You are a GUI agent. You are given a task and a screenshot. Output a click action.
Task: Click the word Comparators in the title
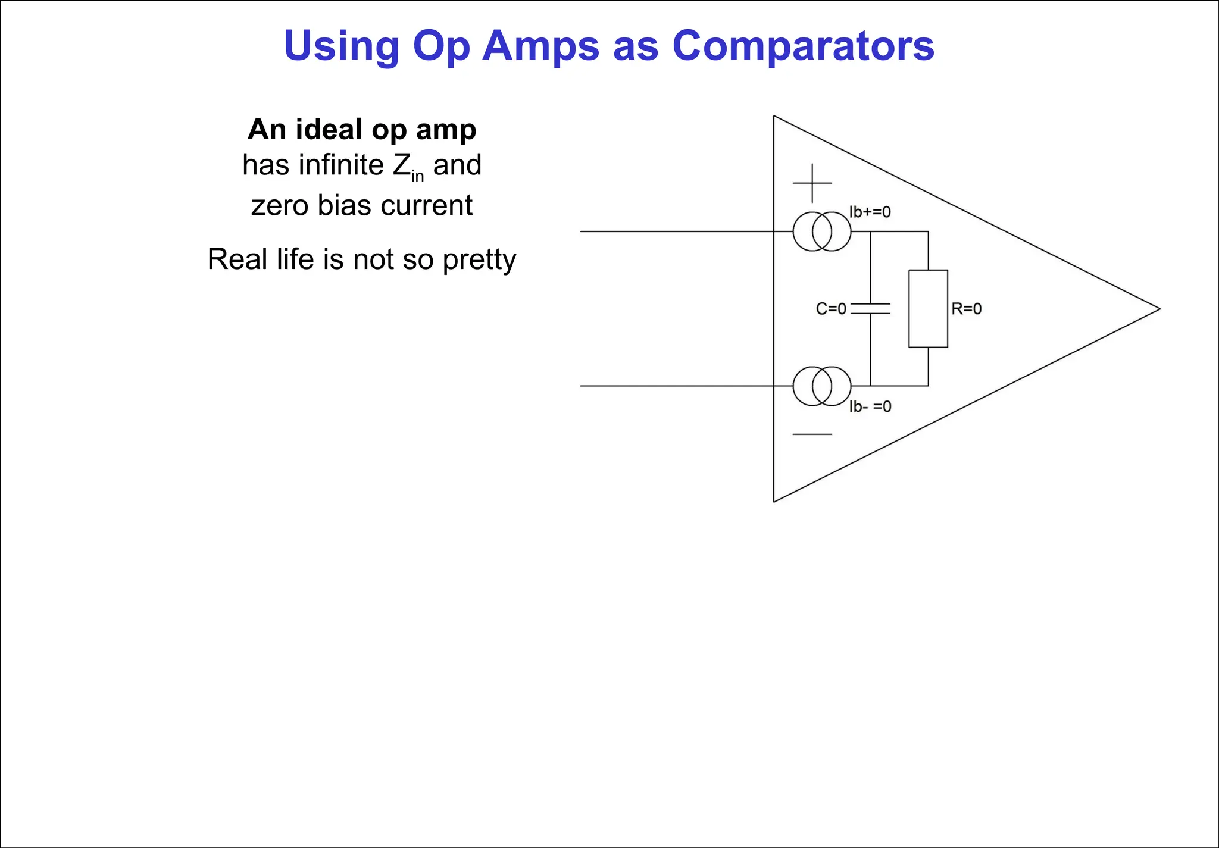point(803,46)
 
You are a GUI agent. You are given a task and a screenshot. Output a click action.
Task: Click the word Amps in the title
point(540,46)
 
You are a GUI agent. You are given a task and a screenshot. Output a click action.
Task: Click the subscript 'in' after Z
point(417,176)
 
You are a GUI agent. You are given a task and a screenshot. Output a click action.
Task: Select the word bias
point(345,205)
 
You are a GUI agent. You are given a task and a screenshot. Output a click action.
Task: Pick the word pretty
point(479,259)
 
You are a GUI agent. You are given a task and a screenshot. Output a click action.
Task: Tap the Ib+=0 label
point(870,212)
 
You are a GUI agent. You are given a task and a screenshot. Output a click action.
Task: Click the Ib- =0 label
point(870,406)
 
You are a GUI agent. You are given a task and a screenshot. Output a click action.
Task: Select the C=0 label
point(831,309)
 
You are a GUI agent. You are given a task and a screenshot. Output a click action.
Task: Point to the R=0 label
point(966,309)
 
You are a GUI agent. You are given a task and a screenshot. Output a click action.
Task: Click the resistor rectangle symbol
point(928,308)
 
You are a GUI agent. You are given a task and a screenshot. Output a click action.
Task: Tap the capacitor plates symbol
point(870,308)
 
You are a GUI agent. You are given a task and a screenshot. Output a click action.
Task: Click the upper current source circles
point(822,231)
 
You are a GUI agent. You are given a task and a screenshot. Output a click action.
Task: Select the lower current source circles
point(822,386)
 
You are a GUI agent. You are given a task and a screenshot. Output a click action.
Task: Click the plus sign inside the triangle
point(812,183)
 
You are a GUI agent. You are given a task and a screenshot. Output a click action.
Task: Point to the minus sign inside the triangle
point(812,434)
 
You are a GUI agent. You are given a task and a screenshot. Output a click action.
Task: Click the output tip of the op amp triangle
point(1158,309)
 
